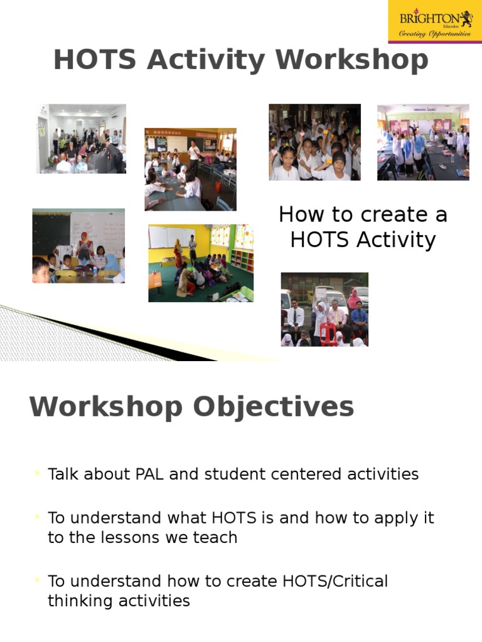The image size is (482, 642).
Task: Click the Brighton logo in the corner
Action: click(435, 22)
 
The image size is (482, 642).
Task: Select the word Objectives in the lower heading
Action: click(273, 407)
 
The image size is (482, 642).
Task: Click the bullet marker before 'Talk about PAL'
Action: click(39, 472)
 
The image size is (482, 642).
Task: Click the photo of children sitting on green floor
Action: click(201, 263)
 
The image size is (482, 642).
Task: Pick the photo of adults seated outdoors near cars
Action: click(324, 309)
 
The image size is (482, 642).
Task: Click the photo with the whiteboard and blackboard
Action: click(78, 246)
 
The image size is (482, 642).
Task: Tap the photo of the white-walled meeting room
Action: click(81, 139)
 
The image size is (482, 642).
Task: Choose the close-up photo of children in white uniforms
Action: click(314, 142)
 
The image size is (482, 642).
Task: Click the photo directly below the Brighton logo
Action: click(423, 142)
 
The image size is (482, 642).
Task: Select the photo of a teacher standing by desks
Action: click(190, 169)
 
